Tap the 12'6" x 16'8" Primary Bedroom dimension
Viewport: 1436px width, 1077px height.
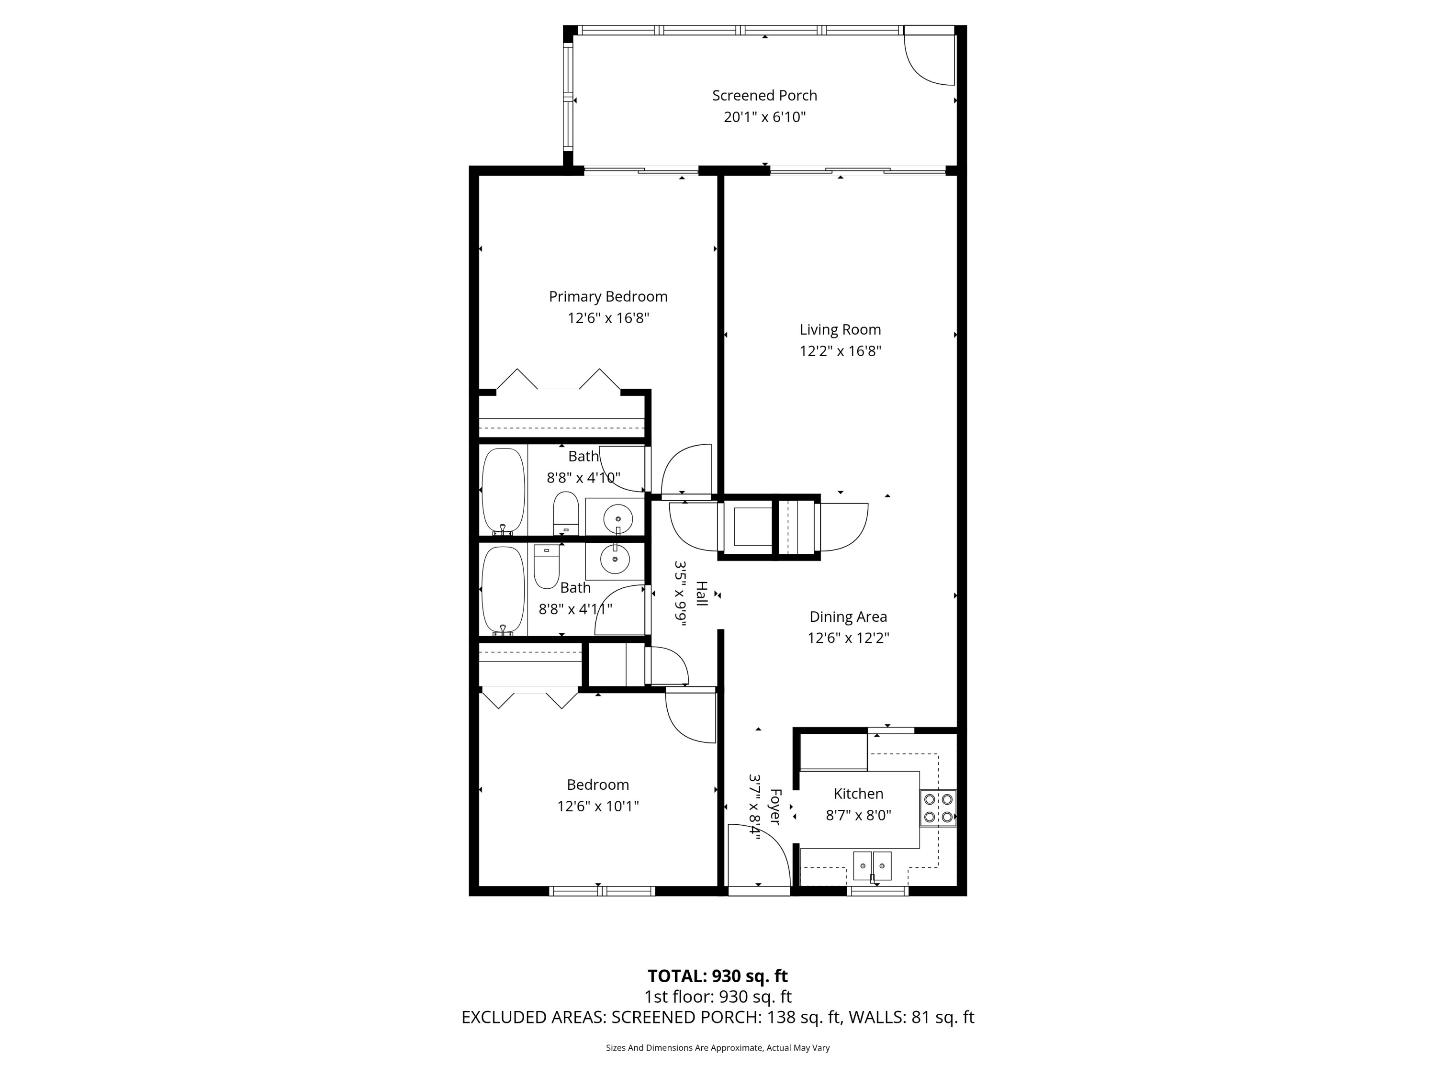point(608,318)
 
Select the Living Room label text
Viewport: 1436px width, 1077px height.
point(840,330)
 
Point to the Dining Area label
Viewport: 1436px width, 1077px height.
point(848,617)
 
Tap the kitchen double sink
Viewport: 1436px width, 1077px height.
point(872,865)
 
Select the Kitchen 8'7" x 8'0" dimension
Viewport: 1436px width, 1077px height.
point(858,815)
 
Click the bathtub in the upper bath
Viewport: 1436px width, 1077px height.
point(503,491)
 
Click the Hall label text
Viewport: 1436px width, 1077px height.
point(702,594)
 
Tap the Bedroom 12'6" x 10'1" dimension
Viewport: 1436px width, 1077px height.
point(598,806)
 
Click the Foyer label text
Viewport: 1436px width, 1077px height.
point(775,807)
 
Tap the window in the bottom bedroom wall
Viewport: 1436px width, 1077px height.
point(602,891)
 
